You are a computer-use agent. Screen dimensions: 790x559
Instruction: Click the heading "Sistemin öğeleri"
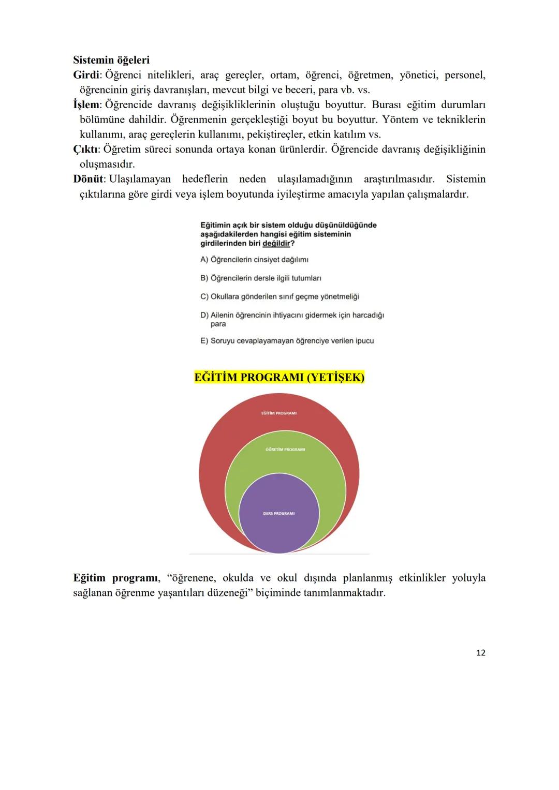point(111,60)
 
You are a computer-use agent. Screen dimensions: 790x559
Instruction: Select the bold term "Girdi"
point(85,75)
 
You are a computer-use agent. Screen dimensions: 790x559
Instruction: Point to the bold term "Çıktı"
point(85,150)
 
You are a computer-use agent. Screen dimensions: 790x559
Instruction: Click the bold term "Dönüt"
point(89,180)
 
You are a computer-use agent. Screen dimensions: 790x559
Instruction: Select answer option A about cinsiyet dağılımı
point(254,260)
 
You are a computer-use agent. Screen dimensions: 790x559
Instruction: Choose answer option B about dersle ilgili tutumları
point(260,278)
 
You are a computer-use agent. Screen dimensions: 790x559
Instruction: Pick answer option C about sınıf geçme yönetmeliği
point(279,297)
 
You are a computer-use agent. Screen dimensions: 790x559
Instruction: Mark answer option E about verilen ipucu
point(287,341)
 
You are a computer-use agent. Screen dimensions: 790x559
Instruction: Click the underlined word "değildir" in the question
point(276,244)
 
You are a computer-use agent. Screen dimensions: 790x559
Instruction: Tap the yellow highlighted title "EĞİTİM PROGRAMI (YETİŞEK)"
point(279,378)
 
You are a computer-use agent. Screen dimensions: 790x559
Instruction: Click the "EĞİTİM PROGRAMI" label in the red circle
point(279,413)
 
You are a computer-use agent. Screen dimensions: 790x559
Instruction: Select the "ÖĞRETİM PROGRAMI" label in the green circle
point(285,450)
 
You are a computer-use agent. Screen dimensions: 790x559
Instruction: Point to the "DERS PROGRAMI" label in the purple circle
point(278,514)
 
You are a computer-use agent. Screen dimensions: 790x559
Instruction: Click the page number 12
point(480,653)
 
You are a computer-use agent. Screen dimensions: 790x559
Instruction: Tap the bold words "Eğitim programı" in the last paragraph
point(116,578)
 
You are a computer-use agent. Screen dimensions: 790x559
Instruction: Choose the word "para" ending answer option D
point(218,324)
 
